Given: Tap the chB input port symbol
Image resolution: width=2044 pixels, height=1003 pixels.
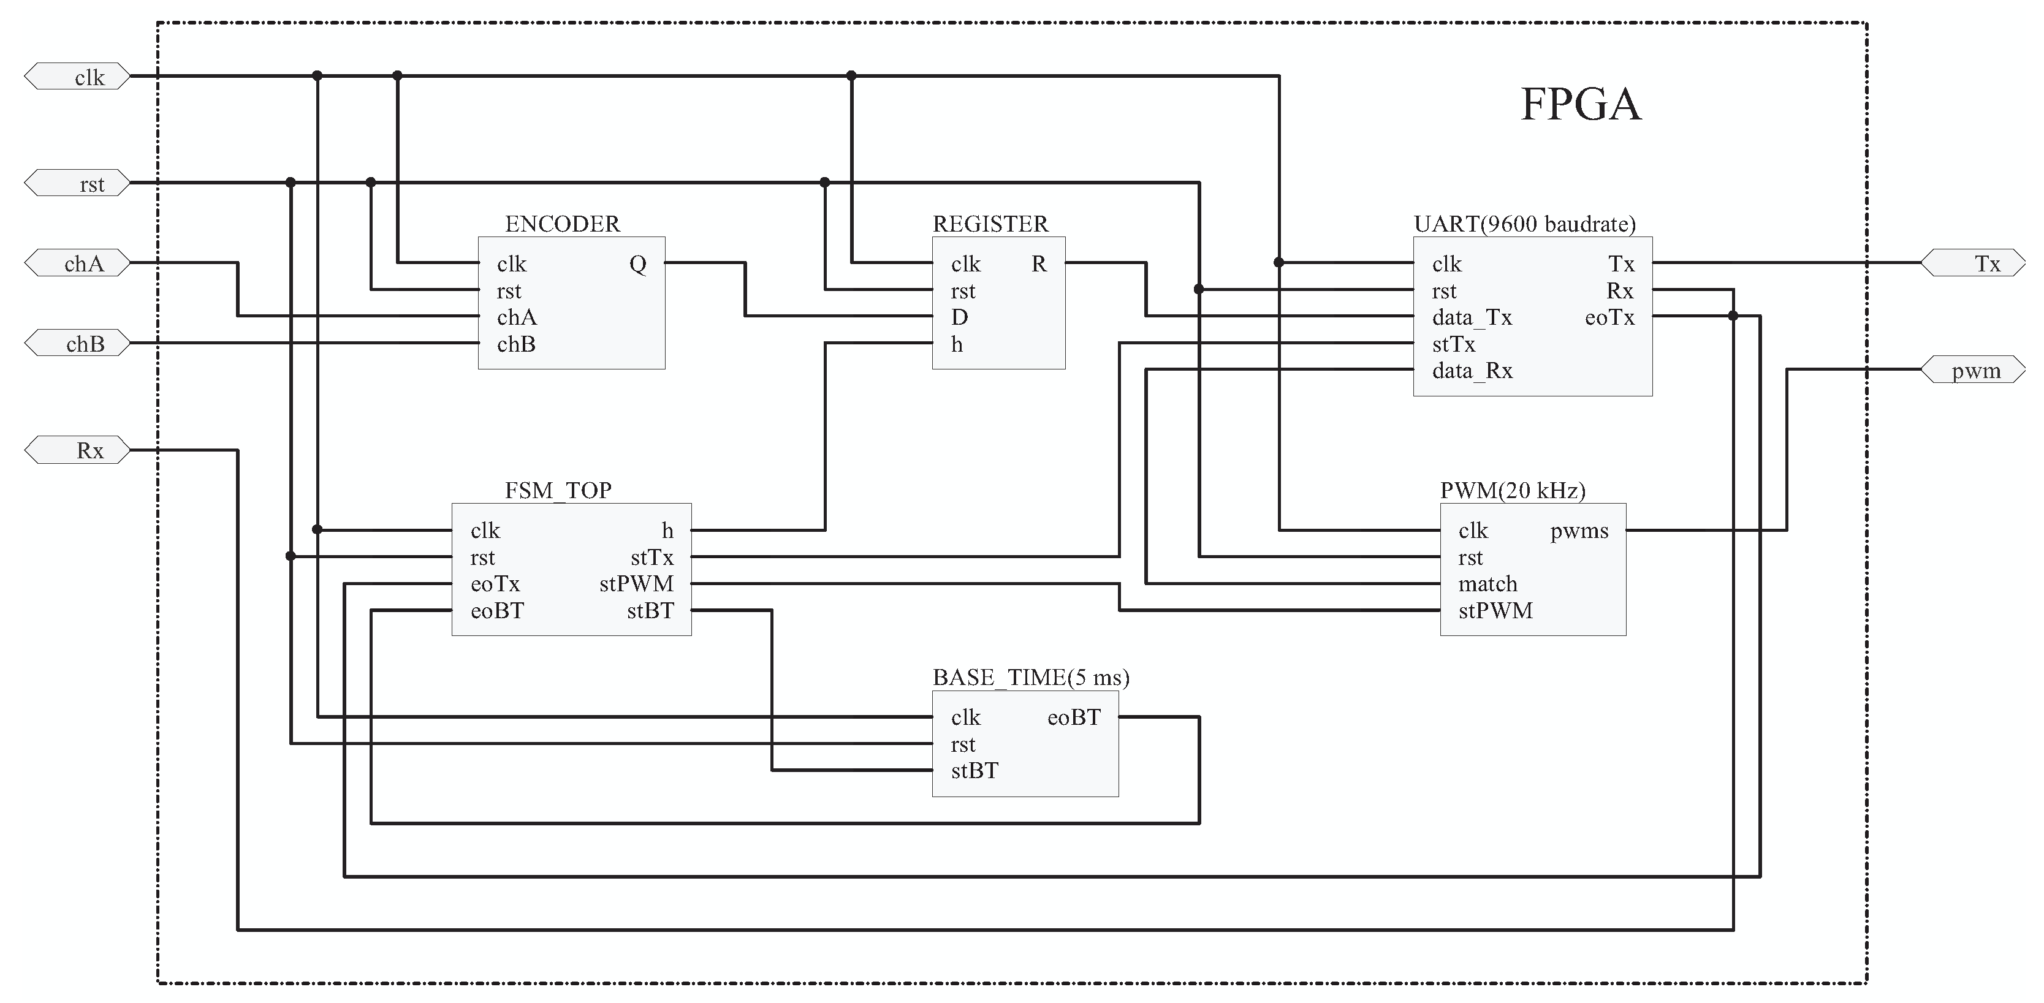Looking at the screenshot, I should (78, 344).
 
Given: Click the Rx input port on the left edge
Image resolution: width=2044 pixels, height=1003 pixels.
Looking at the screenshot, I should (78, 450).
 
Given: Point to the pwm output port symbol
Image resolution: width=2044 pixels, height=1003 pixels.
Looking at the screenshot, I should (1972, 371).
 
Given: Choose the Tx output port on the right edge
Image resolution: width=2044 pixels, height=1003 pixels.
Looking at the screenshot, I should (1972, 263).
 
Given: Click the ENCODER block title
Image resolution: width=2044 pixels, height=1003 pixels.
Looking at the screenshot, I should (562, 224).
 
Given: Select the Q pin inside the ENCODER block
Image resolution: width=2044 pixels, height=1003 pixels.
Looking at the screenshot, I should (637, 263).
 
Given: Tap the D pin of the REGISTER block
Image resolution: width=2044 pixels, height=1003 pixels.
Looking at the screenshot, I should (959, 317).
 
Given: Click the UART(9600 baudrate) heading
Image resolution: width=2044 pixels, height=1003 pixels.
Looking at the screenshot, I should (1524, 224).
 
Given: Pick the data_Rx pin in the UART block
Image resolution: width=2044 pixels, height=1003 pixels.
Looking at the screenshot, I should (1472, 371).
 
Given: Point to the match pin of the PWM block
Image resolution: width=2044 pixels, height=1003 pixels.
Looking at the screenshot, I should (1487, 584).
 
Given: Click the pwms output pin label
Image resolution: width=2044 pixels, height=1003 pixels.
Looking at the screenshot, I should (1579, 531).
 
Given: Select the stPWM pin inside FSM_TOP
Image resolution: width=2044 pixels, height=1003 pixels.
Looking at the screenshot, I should (636, 584).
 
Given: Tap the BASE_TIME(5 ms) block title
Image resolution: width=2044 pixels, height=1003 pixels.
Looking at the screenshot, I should (1030, 677).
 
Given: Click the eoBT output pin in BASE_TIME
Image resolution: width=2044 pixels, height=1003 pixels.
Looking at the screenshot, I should (1074, 717).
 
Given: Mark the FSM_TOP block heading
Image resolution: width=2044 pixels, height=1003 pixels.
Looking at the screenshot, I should (558, 490).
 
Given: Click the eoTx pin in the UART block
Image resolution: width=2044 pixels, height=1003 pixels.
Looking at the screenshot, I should (1609, 317).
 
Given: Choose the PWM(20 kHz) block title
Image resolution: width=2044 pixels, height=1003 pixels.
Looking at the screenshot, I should (1513, 490).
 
